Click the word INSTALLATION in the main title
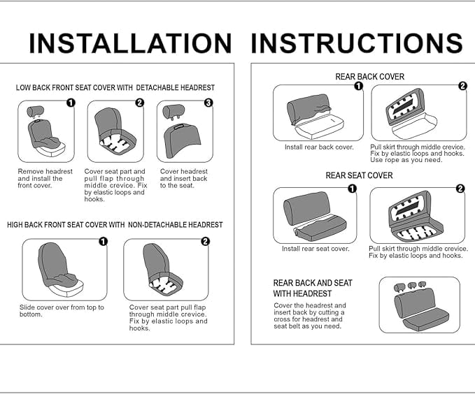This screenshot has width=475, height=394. click(130, 43)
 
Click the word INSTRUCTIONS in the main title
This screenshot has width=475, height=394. click(357, 43)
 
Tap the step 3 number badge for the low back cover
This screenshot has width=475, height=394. click(208, 103)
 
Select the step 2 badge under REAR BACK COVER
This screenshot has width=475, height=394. click(462, 86)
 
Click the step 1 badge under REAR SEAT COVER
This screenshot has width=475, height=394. click(352, 189)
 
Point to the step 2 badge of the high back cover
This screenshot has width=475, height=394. click(205, 241)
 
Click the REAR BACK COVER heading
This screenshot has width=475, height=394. click(369, 77)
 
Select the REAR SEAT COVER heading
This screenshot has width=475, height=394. click(359, 175)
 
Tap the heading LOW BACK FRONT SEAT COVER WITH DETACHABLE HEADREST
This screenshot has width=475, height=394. click(115, 88)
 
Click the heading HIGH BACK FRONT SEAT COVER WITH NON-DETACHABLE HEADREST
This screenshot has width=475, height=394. click(115, 225)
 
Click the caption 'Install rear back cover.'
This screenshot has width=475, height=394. click(319, 147)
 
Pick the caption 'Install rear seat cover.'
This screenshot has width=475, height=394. click(316, 249)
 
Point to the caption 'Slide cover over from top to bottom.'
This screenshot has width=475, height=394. click(62, 311)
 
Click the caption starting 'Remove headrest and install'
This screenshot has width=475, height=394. click(45, 179)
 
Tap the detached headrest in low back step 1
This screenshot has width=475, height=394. click(36, 111)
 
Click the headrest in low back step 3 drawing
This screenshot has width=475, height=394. click(173, 112)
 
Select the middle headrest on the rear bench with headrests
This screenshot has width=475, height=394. click(411, 285)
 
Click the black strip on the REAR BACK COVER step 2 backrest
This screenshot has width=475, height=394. click(403, 106)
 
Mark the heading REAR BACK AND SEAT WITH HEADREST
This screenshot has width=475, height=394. click(312, 289)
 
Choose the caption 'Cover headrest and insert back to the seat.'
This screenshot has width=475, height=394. click(183, 179)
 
